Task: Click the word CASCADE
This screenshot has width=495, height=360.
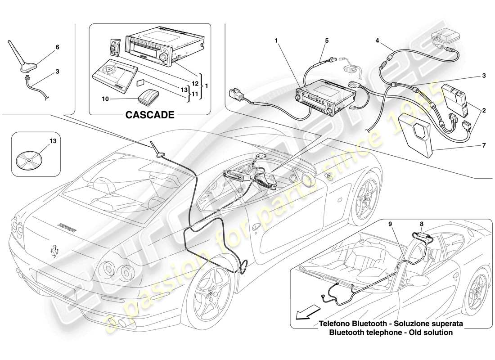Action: (x=149, y=115)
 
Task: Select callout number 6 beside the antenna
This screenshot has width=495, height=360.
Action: (x=57, y=47)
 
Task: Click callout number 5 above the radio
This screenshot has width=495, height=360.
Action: (x=327, y=40)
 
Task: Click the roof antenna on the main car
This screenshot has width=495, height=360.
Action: (x=157, y=151)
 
